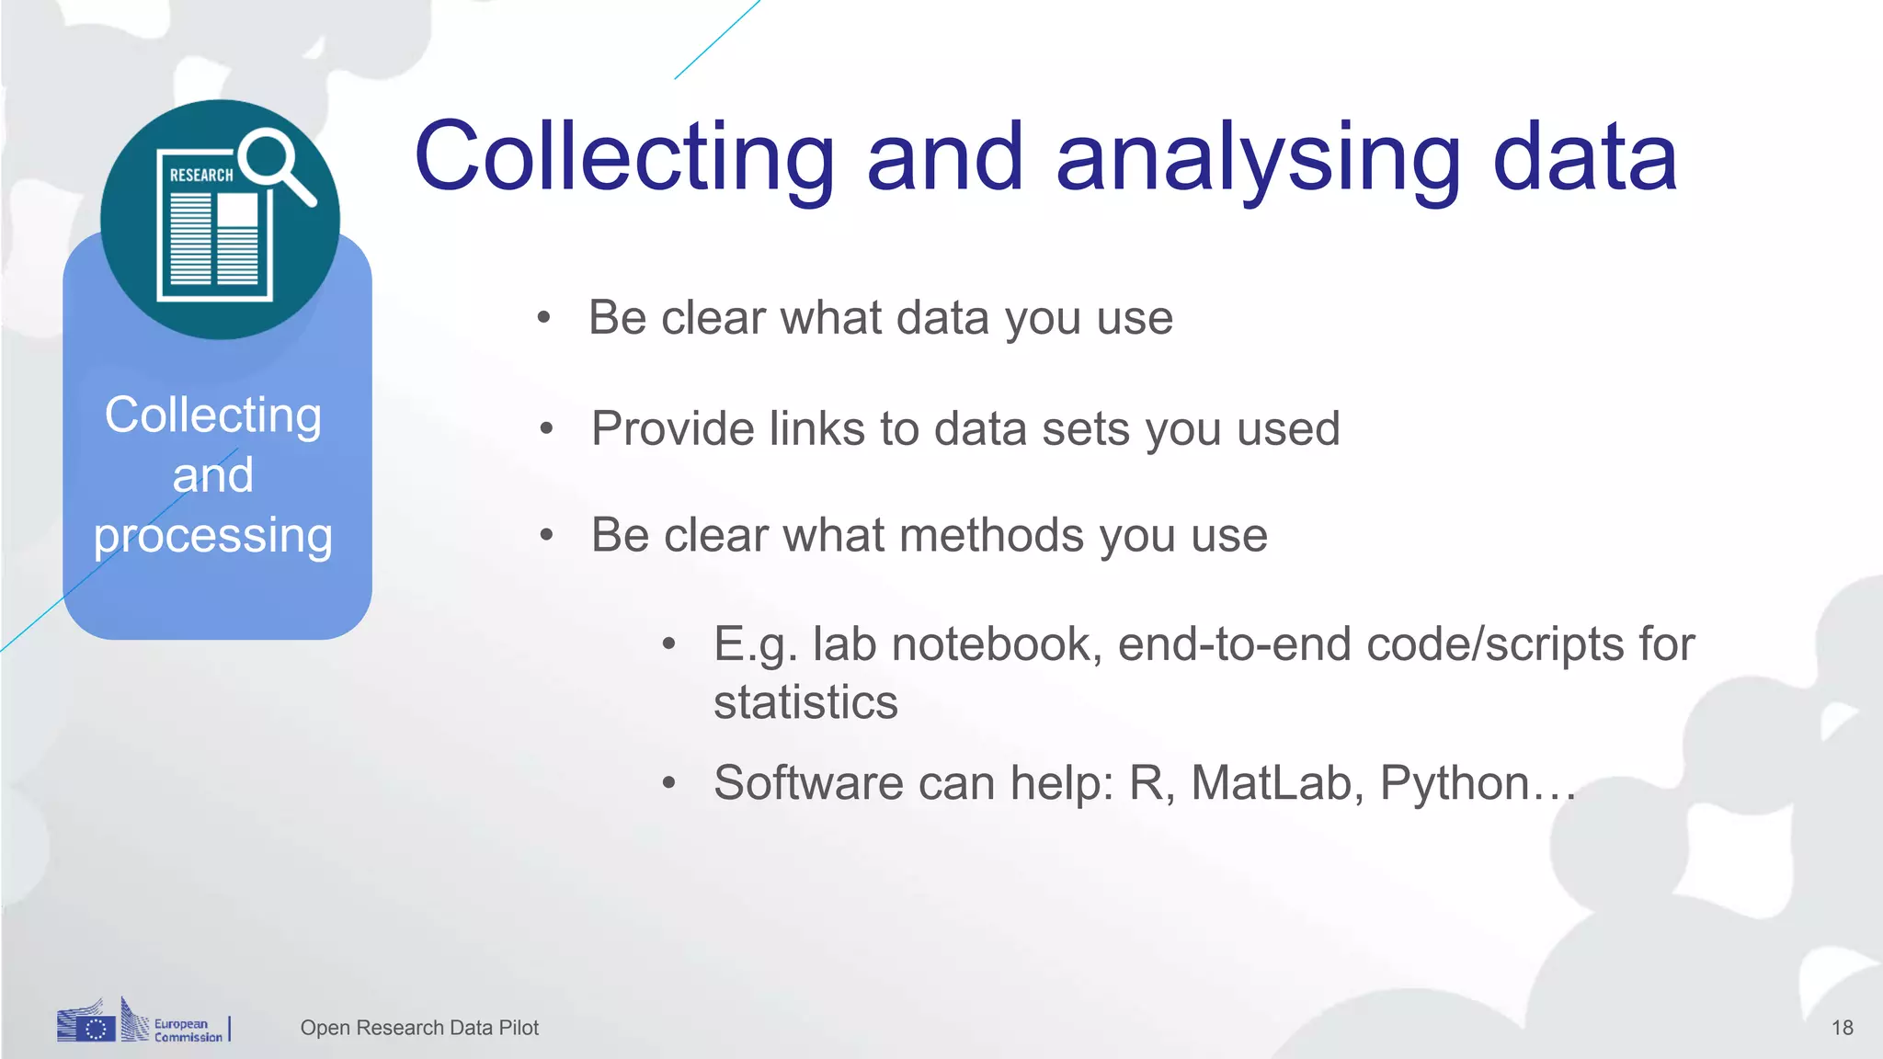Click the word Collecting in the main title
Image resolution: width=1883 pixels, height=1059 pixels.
[623, 158]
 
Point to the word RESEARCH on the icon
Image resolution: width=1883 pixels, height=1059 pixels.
[200, 175]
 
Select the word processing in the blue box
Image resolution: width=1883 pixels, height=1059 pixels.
[212, 537]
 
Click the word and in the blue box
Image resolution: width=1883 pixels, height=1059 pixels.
[212, 475]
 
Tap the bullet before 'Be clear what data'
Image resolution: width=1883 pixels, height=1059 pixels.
[544, 318]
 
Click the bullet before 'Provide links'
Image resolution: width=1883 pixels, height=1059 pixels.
[547, 428]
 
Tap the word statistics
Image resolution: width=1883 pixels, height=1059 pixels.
[805, 702]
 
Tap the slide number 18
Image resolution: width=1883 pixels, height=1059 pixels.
[1842, 1028]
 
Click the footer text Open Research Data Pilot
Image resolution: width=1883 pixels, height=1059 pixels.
[419, 1028]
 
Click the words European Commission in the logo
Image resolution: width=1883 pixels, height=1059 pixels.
[188, 1031]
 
